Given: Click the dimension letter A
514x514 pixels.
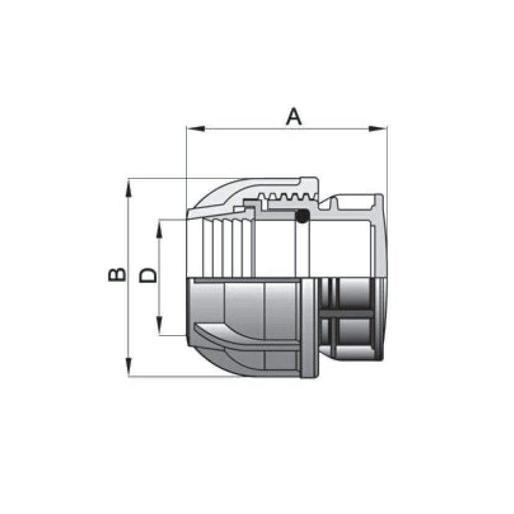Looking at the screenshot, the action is point(294,116).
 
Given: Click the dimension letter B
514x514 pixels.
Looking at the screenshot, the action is point(116,274).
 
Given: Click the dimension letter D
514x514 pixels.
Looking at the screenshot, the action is point(148,275).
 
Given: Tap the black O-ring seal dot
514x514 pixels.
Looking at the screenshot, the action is point(302,216).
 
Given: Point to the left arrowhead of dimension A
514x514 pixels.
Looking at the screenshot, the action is point(196,129).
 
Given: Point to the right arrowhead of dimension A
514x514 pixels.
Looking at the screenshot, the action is point(378,129).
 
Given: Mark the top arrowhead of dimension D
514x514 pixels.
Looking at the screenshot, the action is point(159,229).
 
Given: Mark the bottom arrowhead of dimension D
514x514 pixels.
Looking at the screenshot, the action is point(159,326).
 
